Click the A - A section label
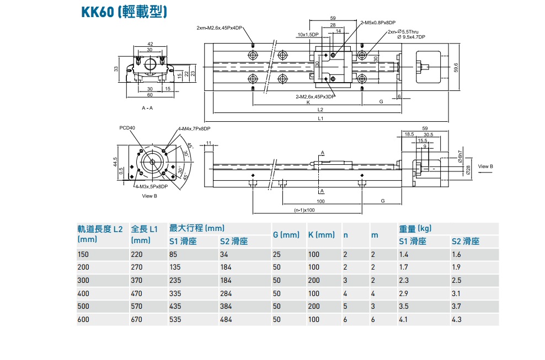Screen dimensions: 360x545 coord(147,108)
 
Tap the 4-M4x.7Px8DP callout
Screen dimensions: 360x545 coord(194,128)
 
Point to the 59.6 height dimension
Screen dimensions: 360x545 coord(456,67)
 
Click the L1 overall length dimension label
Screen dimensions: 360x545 coord(320,118)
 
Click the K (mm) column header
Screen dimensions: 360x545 coord(321,235)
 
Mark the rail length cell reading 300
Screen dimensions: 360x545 coord(83,281)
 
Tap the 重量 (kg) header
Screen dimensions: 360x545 coord(415,228)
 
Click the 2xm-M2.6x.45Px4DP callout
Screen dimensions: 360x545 coord(220,28)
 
